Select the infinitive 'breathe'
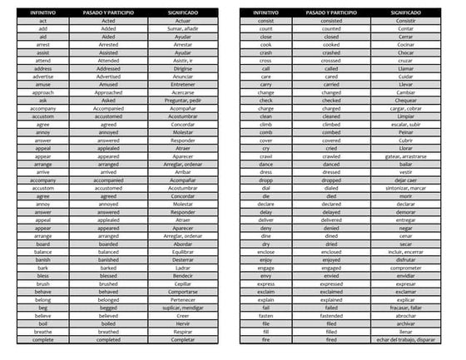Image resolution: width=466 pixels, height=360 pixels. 37,330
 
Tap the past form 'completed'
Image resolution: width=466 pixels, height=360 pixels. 108,338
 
